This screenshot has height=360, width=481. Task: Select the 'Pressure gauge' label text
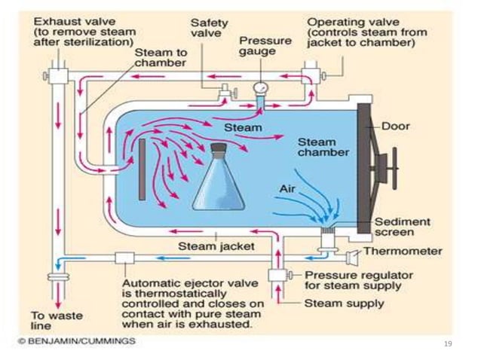click(263, 47)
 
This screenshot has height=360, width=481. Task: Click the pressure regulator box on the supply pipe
click(275, 275)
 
